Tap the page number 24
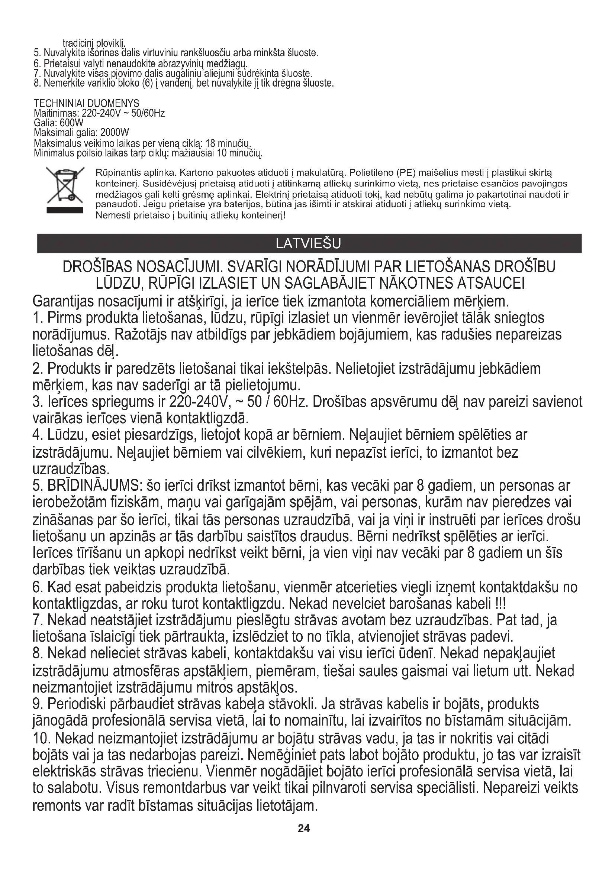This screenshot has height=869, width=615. pos(304,829)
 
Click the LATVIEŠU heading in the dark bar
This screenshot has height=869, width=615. pos(309,243)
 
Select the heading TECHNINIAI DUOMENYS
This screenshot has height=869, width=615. pos(86,103)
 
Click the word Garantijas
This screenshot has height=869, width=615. pos(63,302)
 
